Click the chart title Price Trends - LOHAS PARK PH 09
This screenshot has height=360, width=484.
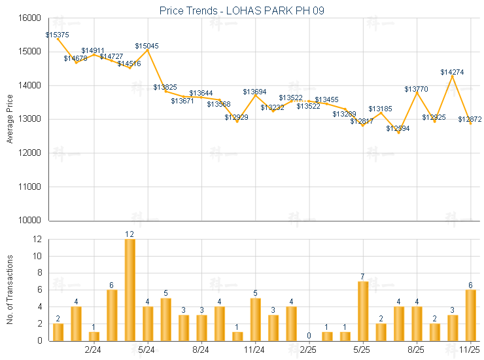(x=242, y=11)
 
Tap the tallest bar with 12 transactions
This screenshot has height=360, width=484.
(x=130, y=290)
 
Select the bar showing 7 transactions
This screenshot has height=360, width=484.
(x=363, y=311)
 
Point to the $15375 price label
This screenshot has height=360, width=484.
(x=58, y=34)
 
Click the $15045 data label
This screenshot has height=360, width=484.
(x=147, y=46)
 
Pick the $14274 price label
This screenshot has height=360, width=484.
(x=452, y=72)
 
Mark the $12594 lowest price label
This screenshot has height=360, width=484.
(x=398, y=128)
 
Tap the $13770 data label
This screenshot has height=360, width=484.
(x=416, y=88)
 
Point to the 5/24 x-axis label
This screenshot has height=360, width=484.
(x=147, y=350)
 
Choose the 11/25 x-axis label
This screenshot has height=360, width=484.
(x=470, y=350)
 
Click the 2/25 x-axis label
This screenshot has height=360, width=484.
(x=308, y=350)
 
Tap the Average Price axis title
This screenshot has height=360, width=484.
(x=9, y=119)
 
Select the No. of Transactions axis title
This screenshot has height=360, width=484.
(x=9, y=289)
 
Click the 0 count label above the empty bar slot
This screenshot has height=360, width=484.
(x=309, y=336)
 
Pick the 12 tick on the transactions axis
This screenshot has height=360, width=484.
(x=37, y=240)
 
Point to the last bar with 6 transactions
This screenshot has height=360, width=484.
(x=471, y=315)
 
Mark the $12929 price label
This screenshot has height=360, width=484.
(x=236, y=117)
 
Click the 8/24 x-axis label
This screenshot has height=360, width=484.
(x=201, y=350)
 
